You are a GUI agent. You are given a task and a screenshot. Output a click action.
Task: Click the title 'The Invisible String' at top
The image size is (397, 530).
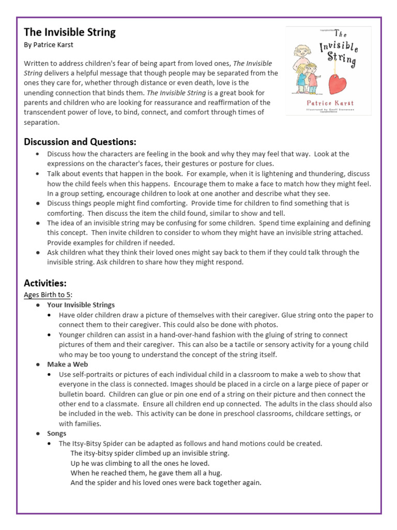click(70, 32)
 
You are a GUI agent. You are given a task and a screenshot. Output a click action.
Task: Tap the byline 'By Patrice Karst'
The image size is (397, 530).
click(49, 45)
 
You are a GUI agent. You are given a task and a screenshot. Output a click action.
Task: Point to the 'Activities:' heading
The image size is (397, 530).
click(45, 283)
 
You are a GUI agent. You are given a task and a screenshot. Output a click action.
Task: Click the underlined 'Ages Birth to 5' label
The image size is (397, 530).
click(48, 295)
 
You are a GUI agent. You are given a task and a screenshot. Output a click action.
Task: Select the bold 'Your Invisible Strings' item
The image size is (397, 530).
click(81, 305)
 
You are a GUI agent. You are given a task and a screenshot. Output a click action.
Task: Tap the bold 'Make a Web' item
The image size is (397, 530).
click(67, 364)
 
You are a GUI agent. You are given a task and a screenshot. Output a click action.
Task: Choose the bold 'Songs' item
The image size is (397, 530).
click(57, 434)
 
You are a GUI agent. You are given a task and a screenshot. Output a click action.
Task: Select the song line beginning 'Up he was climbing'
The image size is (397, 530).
click(140, 463)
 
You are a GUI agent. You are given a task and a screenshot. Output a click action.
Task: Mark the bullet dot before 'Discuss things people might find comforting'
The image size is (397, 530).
click(38, 203)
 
